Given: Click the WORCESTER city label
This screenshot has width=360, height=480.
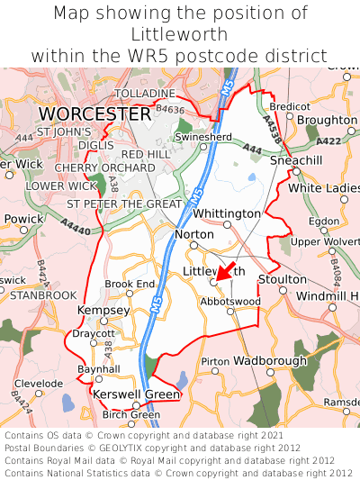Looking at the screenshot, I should tap(95, 114).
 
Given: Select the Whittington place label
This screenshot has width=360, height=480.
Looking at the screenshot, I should tap(227, 213).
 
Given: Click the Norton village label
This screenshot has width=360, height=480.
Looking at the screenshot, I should tap(194, 233).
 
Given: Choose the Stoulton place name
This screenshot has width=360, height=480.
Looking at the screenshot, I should tap(283, 280).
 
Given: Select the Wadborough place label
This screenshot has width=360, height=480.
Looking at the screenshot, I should tap(270, 360).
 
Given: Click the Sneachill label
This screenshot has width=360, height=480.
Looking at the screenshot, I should tap(296, 159).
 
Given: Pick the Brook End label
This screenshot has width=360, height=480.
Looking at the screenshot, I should tap(130, 284).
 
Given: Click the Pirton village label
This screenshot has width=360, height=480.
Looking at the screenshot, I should tap(215, 361).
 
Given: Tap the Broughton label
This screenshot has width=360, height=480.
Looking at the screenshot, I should tap(327, 120).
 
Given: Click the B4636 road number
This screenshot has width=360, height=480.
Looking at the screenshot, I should tap(169, 109).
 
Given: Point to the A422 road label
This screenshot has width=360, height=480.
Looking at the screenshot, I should tap(328, 140).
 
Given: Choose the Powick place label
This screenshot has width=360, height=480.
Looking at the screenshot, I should tap(22, 219).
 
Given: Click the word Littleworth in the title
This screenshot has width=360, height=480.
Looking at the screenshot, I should tap(180, 34).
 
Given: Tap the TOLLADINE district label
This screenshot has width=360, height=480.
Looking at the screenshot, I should tap(145, 94).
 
